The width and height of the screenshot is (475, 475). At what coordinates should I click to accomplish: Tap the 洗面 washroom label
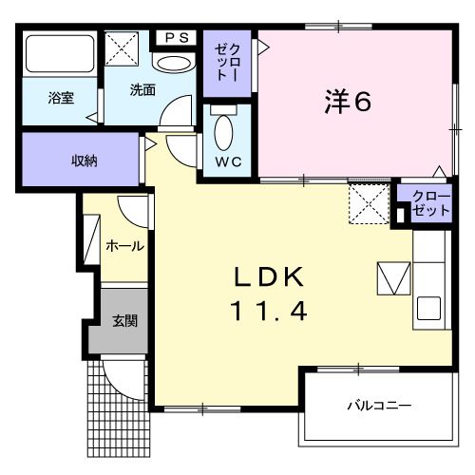click(142, 91)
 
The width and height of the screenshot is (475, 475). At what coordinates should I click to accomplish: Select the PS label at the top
click(178, 37)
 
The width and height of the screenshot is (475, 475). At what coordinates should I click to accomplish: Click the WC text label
click(227, 161)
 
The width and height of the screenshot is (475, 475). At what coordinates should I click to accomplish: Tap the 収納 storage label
click(85, 160)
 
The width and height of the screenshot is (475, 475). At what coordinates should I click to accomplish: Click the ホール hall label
click(124, 246)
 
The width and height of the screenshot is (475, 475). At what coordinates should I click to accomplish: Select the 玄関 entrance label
click(124, 320)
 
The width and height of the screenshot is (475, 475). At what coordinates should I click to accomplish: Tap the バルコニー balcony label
click(380, 406)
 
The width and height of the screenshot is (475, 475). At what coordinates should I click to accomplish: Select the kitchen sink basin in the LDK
click(427, 309)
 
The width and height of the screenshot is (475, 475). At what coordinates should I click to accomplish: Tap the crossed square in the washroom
click(123, 47)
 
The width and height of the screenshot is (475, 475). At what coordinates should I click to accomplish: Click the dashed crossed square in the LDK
click(369, 203)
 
